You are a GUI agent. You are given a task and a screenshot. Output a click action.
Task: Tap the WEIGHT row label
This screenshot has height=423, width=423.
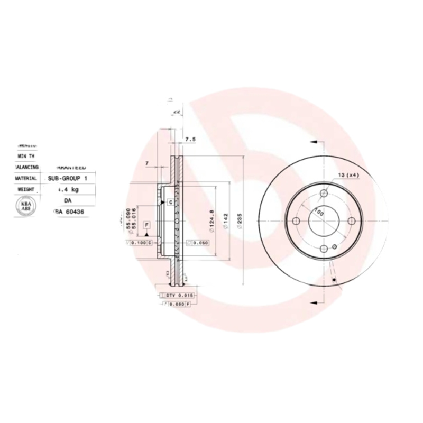coord(26,189)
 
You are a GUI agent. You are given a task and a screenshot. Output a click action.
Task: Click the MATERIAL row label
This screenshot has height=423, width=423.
coord(26,179)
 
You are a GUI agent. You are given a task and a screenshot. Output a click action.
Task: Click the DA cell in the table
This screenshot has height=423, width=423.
coord(68,200)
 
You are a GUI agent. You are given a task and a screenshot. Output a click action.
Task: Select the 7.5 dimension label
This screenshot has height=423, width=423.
coord(190,140)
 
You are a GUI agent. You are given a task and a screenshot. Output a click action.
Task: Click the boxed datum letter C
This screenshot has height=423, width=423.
coord(171,202)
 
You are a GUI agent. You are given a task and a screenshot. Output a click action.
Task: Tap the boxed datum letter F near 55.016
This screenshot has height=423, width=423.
coord(146,225)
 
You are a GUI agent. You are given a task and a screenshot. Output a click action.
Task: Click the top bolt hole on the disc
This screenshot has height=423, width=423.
coord(324,194)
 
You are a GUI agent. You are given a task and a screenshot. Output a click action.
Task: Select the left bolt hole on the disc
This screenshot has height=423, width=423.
coord(296,220)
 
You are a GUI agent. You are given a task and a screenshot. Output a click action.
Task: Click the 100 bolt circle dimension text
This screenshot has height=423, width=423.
coord(319,213)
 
